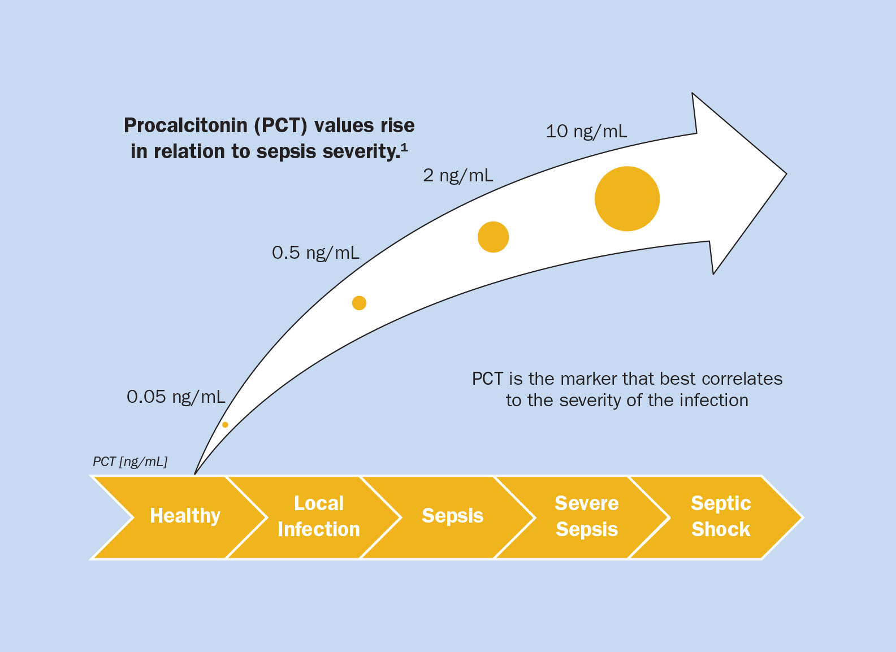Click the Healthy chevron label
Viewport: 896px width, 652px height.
pos(185,516)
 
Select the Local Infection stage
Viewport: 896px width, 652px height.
pos(319,516)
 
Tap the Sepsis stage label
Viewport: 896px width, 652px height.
pos(453,516)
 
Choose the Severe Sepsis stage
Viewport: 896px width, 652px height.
pos(587,516)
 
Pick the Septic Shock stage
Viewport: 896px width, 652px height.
pos(721,516)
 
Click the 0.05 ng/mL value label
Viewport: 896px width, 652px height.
pos(176,397)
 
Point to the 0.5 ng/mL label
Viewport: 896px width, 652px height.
pos(315,253)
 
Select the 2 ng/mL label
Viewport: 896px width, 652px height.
pos(458,176)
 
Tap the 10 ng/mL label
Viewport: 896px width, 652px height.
pos(586,132)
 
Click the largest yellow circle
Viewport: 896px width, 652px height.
pos(627,199)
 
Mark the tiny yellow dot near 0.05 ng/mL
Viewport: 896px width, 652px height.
pos(225,425)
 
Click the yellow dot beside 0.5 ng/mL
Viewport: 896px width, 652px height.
pos(359,303)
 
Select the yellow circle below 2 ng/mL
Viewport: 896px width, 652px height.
pos(493,237)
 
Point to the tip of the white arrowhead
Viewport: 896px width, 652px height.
pos(785,174)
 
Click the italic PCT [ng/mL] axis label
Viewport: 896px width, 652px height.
pos(130,462)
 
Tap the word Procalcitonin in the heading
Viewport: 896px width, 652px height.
pos(185,125)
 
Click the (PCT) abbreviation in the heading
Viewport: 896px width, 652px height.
pos(281,125)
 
